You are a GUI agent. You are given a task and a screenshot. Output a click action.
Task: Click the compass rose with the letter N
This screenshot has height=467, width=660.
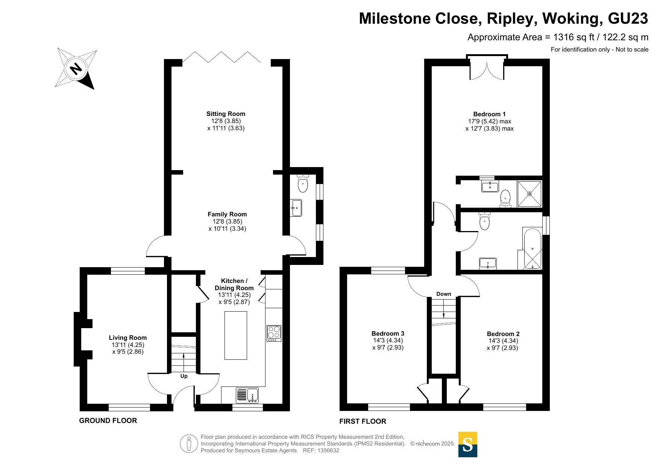tap(76, 69)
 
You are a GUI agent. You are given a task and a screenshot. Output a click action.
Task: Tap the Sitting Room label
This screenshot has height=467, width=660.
tap(226, 114)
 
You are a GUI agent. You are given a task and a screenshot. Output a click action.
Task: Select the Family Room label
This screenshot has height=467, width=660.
tap(227, 214)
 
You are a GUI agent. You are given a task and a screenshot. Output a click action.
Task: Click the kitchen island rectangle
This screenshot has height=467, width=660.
tap(236, 335)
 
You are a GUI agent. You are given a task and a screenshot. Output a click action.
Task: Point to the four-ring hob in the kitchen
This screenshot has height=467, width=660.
tap(274, 333)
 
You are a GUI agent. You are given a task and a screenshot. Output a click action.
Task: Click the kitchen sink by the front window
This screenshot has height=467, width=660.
tap(247, 395)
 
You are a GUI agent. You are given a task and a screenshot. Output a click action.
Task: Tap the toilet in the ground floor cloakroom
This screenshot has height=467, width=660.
tap(302, 183)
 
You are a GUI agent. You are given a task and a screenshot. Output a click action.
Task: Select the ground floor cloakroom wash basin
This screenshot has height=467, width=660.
tap(296, 208)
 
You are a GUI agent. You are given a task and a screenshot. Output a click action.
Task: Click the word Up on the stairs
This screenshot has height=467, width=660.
tap(184, 376)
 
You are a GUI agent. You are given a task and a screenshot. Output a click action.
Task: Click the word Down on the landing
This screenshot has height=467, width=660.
tap(444, 294)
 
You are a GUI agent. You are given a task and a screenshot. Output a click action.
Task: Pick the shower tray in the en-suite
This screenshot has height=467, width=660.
tap(530, 194)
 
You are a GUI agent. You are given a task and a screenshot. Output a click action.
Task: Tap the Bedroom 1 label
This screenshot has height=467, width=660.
tap(489, 114)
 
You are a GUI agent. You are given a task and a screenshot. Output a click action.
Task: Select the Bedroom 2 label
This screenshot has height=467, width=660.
tap(503, 334)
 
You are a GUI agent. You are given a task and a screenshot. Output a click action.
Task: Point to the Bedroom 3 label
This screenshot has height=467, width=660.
tap(388, 333)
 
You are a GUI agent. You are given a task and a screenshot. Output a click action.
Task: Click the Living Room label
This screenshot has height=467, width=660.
tap(128, 338)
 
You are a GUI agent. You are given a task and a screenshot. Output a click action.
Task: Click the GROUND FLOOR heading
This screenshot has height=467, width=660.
tap(108, 420)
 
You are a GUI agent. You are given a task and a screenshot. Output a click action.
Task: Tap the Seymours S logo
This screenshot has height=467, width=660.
tap(468, 444)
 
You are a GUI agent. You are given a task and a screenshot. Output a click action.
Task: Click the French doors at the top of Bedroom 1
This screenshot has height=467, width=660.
tap(487, 69)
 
